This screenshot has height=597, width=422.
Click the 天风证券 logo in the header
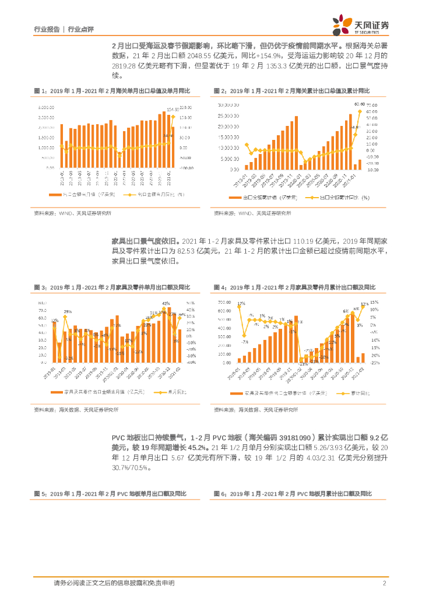click(x=361, y=24)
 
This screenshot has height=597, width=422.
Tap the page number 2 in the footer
click(x=385, y=584)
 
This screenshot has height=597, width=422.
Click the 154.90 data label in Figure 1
click(x=173, y=109)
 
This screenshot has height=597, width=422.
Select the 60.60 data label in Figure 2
click(x=360, y=104)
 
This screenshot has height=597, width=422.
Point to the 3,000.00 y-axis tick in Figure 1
click(x=46, y=108)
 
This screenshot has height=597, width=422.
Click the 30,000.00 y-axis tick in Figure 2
click(x=228, y=105)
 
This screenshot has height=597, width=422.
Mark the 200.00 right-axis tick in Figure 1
click(x=185, y=108)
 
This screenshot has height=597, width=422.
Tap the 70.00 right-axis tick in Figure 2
click(x=372, y=105)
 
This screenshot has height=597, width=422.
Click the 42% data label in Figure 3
click(x=166, y=303)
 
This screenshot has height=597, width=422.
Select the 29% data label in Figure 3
click(x=68, y=312)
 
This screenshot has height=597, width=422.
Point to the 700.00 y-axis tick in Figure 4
click(x=224, y=302)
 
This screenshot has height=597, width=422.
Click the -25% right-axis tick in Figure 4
click(x=375, y=362)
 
